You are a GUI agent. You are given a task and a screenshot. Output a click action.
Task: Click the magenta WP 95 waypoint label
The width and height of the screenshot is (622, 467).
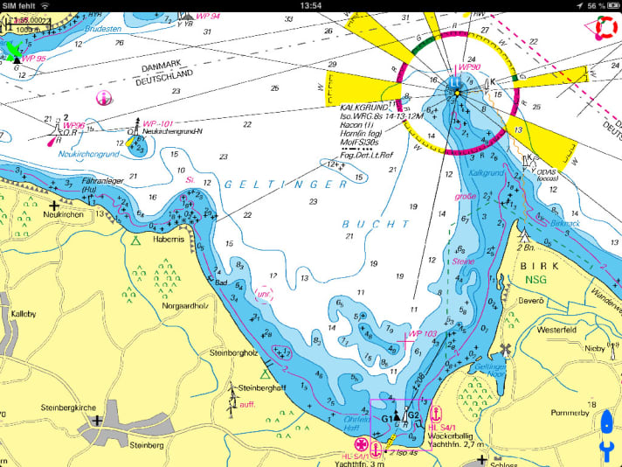[x=33, y=58]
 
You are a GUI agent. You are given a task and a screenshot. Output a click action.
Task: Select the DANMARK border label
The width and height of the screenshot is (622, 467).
[x=163, y=66]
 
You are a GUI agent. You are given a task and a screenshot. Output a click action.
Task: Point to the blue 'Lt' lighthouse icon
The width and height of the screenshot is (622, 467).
[x=453, y=84]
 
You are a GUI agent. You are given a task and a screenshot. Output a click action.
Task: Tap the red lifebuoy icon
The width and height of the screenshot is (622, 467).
[x=605, y=29]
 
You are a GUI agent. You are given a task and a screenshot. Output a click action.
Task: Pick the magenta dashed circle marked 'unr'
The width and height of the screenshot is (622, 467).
[x=263, y=294]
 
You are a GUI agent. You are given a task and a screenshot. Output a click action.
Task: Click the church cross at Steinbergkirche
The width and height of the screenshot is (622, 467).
[x=96, y=420]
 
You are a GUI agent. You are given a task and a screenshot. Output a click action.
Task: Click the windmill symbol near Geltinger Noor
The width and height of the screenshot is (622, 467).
[x=505, y=351]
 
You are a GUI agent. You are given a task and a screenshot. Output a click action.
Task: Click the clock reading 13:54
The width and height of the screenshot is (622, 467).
[x=310, y=5]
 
